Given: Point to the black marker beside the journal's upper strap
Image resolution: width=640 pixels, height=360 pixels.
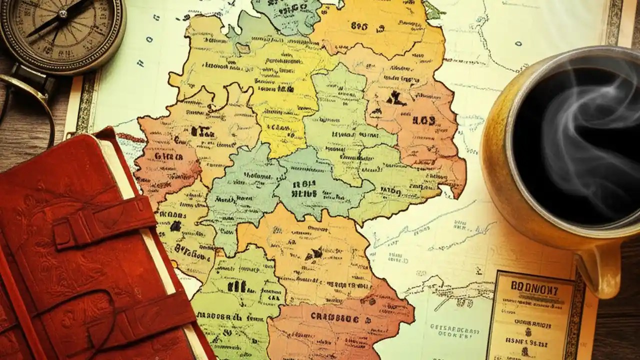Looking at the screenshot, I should [175, 226].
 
